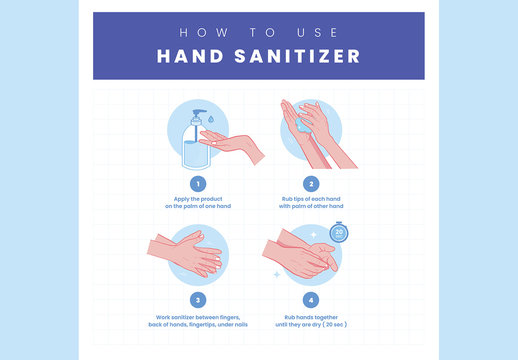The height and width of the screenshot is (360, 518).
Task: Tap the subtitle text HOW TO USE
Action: click(x=258, y=30)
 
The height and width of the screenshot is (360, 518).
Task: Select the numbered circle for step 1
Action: click(x=198, y=184)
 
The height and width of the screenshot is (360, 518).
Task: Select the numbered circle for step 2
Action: click(x=311, y=184)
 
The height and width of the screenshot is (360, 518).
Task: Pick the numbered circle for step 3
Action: click(x=198, y=299)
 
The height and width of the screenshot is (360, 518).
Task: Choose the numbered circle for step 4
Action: click(x=311, y=299)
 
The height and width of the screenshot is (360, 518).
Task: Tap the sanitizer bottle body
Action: click(x=194, y=146)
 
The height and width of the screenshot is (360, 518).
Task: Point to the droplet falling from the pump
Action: click(x=210, y=120)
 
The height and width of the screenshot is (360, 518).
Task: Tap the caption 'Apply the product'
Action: click(x=198, y=198)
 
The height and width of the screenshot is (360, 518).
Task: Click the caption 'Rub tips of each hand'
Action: click(x=311, y=198)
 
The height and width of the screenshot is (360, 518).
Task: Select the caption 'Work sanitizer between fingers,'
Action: click(x=198, y=316)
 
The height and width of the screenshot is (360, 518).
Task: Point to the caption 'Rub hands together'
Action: click(x=311, y=316)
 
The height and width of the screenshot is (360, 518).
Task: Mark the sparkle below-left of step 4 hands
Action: click(x=276, y=273)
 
